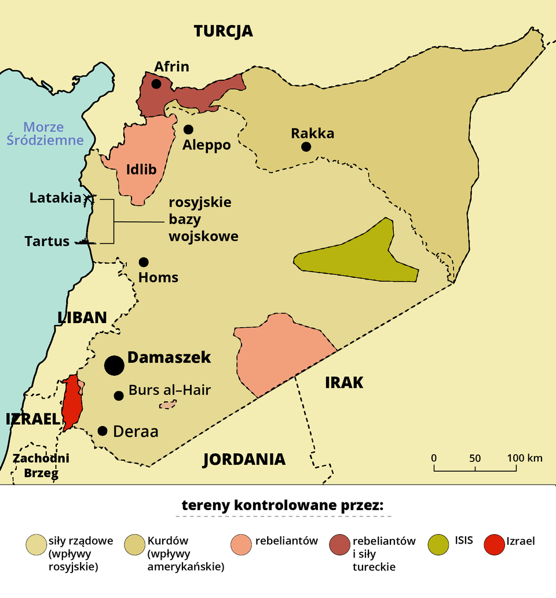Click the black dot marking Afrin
click(x=156, y=84)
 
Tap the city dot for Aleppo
click(x=188, y=129)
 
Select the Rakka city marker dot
click(x=306, y=147)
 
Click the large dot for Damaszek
click(x=114, y=365)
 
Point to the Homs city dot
click(x=144, y=262)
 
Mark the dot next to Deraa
click(x=103, y=431)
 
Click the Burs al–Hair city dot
click(x=119, y=396)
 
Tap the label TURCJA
click(x=223, y=31)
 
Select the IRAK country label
click(x=344, y=383)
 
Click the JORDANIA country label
click(x=244, y=460)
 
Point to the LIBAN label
click(x=82, y=317)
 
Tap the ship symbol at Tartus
click(x=85, y=242)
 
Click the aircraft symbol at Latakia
click(x=89, y=199)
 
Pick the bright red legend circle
click(x=494, y=545)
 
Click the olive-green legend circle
click(x=438, y=545)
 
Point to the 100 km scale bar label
click(x=525, y=458)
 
